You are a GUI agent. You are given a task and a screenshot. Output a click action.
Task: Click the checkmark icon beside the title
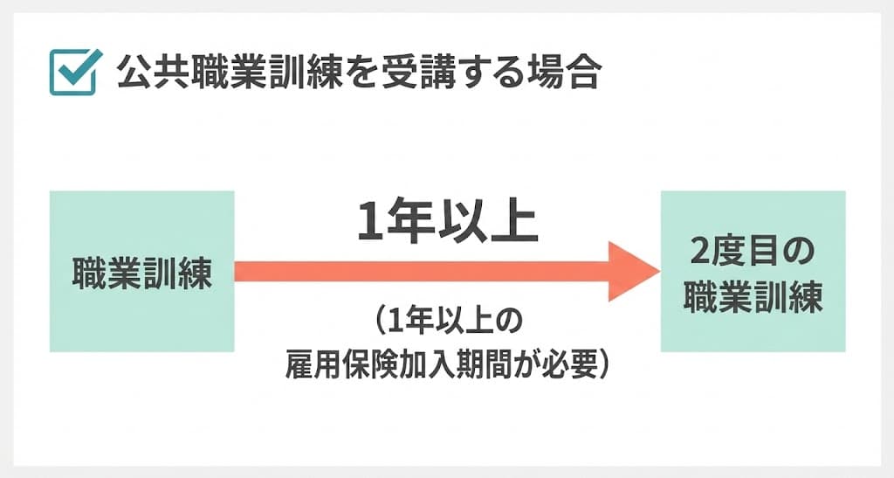(x=73, y=73)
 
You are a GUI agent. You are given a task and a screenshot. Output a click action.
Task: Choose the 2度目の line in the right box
(x=753, y=254)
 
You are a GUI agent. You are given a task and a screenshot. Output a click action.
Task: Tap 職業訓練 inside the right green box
(x=753, y=297)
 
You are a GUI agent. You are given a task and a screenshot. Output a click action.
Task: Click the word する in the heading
(x=497, y=73)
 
